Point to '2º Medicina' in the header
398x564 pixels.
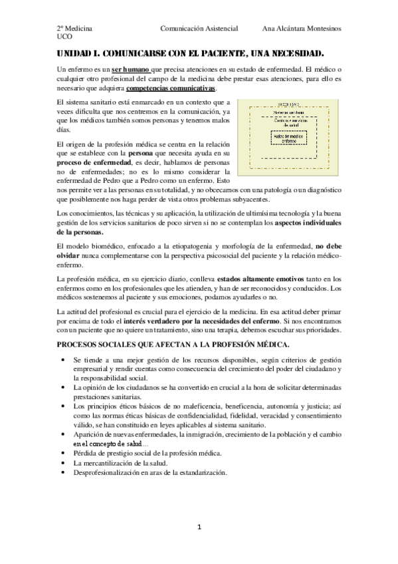coord(74,29)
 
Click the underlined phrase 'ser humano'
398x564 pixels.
coord(130,69)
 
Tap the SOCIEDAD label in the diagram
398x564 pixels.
coord(288,104)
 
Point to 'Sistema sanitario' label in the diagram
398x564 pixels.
coord(288,112)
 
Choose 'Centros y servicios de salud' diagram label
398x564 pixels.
coord(288,122)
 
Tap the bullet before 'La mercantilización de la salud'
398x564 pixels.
coord(61,463)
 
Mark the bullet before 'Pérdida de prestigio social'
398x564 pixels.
coord(61,453)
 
